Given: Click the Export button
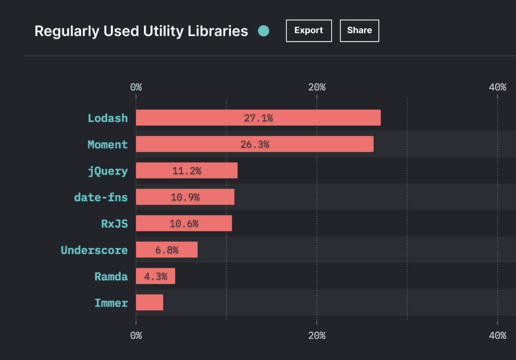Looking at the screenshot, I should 308,31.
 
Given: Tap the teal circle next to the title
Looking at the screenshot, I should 264,31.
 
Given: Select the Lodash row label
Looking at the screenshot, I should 107,118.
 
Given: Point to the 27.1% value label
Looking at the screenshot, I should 258,118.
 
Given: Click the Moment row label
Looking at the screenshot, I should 107,145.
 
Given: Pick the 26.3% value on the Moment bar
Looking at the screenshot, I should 254,144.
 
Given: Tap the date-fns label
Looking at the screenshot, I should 101,197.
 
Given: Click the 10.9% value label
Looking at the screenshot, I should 185,197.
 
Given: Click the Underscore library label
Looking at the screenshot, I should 94,250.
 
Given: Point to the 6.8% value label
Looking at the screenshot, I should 167,250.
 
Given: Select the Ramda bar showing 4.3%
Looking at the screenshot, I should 155,276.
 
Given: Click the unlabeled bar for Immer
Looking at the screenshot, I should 149,303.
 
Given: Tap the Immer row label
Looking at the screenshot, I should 111,303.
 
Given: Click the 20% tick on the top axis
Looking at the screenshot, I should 316,87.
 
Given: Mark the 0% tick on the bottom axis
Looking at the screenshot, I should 136,335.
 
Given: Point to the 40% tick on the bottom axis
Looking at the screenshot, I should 497,335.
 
